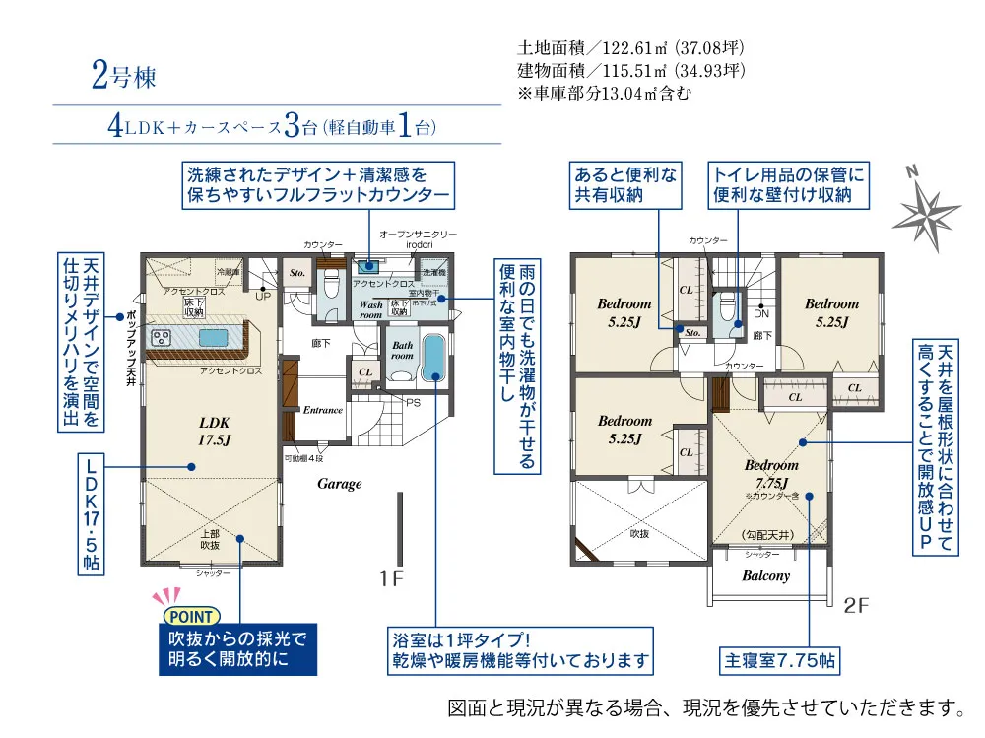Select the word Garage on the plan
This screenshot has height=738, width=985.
(x=339, y=484)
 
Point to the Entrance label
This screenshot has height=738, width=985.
(x=322, y=410)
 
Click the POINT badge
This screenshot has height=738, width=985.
(x=187, y=617)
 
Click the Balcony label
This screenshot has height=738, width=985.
(x=765, y=575)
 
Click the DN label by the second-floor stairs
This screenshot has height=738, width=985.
(x=761, y=314)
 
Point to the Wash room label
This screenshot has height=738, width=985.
(x=370, y=309)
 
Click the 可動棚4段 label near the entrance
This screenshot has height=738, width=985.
(x=303, y=458)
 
